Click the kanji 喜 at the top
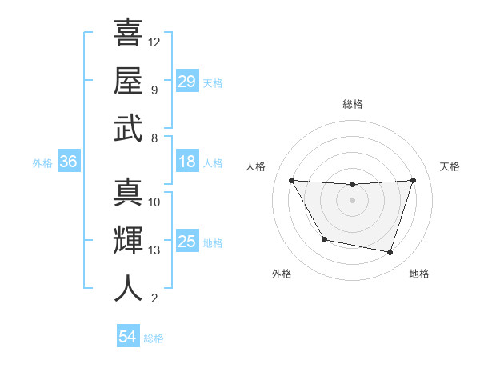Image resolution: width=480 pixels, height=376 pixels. (x=128, y=33)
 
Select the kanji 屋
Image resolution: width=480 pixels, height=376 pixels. (x=128, y=80)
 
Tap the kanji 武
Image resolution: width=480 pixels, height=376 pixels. (x=128, y=128)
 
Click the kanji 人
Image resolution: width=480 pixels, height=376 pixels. (x=128, y=288)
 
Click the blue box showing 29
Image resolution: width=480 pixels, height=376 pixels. (x=187, y=81)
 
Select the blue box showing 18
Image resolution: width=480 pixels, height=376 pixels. (x=187, y=162)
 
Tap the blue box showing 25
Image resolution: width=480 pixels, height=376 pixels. (x=187, y=242)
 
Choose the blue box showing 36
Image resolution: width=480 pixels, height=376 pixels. (x=69, y=162)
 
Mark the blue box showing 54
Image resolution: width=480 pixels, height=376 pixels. (x=128, y=337)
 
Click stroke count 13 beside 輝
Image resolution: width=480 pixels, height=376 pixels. (x=154, y=250)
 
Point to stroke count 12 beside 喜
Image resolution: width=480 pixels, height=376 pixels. (x=154, y=42)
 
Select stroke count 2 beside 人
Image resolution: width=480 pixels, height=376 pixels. (x=154, y=299)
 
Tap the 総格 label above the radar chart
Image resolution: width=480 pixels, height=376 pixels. (x=353, y=104)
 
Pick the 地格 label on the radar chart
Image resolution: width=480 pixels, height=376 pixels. (x=419, y=274)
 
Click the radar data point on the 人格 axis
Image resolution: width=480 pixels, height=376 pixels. (x=291, y=181)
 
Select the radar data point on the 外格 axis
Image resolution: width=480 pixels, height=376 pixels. (x=324, y=239)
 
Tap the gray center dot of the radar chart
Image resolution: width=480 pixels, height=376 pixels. (x=353, y=200)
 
